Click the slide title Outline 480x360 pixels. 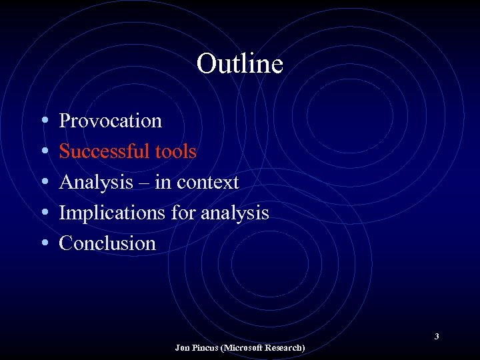tap(240, 64)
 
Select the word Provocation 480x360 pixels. tap(110, 121)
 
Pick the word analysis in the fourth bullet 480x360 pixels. tap(235, 213)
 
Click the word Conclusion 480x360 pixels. tap(107, 243)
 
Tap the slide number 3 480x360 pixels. tap(437, 337)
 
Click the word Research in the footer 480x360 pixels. tap(286, 348)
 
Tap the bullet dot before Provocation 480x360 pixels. tap(43, 121)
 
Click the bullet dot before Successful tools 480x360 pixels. tap(43, 152)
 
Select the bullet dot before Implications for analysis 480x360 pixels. tap(43, 213)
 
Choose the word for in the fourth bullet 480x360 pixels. tap(185, 213)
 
